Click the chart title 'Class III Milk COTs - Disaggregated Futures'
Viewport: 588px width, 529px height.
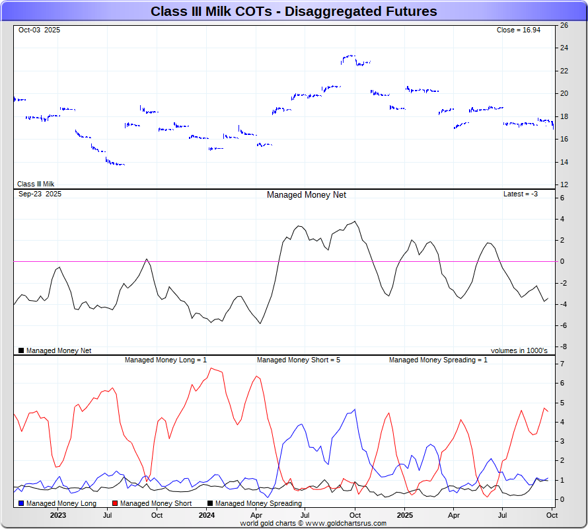[293, 11]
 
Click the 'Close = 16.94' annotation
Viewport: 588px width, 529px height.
[518, 30]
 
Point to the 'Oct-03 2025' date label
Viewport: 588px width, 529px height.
[39, 30]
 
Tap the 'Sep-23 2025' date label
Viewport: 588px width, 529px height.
[40, 194]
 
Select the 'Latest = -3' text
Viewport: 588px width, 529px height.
[520, 194]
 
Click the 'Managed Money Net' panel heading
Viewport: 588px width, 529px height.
[306, 195]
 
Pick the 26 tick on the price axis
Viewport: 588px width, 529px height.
[564, 25]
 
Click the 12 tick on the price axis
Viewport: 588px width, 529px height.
[564, 184]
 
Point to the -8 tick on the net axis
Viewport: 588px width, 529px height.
[563, 346]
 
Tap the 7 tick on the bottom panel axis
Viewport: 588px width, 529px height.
[562, 364]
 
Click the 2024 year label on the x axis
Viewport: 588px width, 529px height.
[207, 514]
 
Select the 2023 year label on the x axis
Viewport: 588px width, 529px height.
[58, 514]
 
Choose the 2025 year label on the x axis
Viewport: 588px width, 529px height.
[405, 514]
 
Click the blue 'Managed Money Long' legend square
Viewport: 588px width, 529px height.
[21, 504]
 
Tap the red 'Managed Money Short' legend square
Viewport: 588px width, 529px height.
[115, 504]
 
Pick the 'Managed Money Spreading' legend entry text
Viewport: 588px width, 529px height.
[258, 504]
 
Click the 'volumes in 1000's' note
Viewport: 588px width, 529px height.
[519, 350]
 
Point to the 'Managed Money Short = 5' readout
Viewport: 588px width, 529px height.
[298, 360]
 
